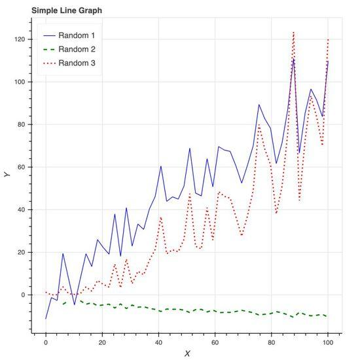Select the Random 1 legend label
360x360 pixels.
(77, 35)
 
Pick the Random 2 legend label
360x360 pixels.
(77, 49)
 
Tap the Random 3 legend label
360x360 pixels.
(77, 63)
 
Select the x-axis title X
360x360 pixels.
(187, 353)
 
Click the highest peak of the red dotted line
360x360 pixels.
(293, 31)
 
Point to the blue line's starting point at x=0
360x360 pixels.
(46, 319)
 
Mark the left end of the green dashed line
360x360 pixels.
(63, 304)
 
